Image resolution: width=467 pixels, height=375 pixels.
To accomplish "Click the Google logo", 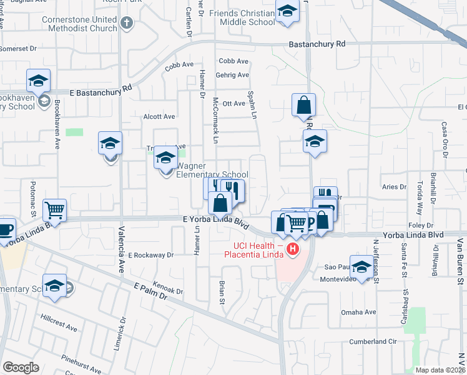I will pos(21,367).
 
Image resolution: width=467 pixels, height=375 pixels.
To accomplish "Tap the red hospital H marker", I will pos(292,250).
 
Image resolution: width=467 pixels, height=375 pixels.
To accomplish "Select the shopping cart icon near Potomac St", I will pos(55,210).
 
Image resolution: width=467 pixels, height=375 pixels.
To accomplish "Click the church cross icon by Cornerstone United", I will pos(127,24).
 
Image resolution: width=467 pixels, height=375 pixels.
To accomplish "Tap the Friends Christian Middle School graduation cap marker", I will pos(287,12).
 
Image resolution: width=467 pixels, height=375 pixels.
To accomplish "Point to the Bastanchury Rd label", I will pos(317,44).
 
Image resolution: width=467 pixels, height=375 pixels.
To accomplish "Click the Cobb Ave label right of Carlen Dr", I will pos(234,61).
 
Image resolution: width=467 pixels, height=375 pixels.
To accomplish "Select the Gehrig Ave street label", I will pos(234,75).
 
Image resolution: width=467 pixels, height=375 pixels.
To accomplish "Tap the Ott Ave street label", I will pos(234,103).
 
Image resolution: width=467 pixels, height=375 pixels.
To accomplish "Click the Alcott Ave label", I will pos(159,116).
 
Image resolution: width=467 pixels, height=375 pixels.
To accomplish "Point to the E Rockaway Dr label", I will pos(150,255).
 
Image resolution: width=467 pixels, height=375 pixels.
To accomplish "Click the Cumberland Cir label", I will pos(373,341).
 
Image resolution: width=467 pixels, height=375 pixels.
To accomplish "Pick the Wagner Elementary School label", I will pos(212,171).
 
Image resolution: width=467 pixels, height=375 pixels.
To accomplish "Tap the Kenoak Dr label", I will pos(168,287).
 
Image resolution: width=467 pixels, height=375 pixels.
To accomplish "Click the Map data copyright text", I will pos(441,370).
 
